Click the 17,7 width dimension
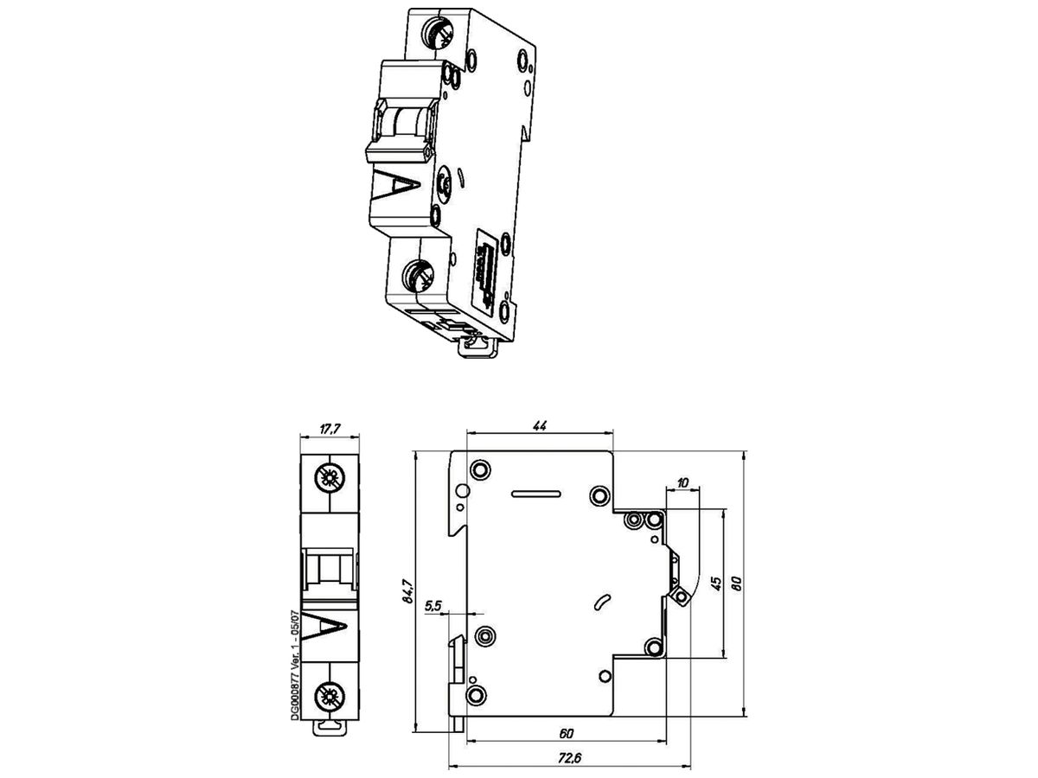point(329,427)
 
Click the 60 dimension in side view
point(566,734)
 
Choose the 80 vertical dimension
point(737,583)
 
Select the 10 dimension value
point(683,482)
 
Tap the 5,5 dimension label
point(434,608)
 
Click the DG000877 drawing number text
point(294,664)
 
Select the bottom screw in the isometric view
point(420,277)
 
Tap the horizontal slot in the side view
point(535,495)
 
